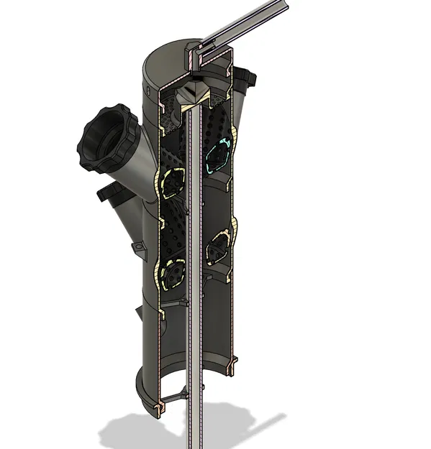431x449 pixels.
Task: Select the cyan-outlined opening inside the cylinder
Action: (218, 152)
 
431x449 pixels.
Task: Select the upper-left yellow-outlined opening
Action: (173, 182)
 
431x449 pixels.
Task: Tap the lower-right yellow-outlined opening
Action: (218, 247)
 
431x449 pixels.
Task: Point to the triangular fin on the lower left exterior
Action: (140, 313)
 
